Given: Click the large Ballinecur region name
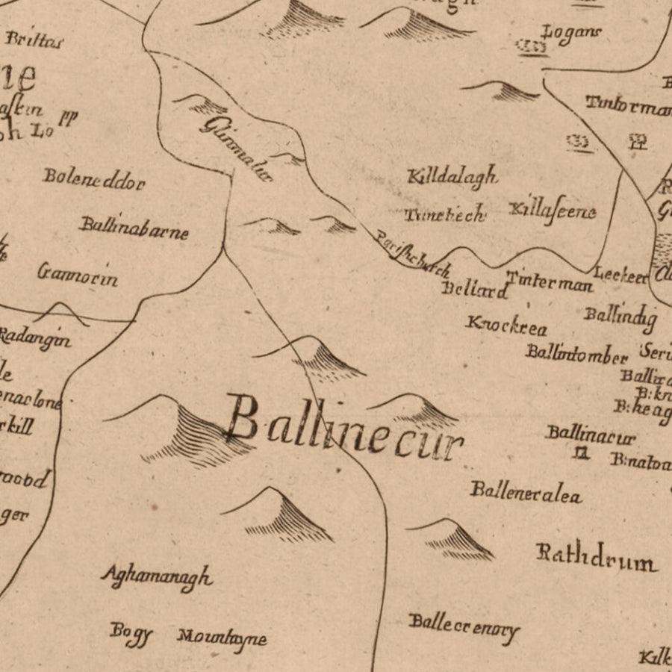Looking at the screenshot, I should [x=345, y=430].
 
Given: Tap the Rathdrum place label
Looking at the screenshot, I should [x=596, y=557].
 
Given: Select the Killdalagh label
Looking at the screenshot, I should [x=452, y=177].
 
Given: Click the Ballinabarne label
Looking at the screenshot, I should [x=134, y=227].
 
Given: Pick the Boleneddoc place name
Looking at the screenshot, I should [x=94, y=178].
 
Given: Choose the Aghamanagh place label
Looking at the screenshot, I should [x=157, y=576].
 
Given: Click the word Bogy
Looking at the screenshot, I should [x=131, y=632].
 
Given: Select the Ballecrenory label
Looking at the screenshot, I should [x=463, y=626].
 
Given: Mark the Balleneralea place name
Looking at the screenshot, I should [x=526, y=492].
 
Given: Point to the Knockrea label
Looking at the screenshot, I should [x=506, y=326].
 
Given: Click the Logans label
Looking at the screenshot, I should [x=571, y=34].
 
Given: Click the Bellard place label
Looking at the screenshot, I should [x=474, y=290].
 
